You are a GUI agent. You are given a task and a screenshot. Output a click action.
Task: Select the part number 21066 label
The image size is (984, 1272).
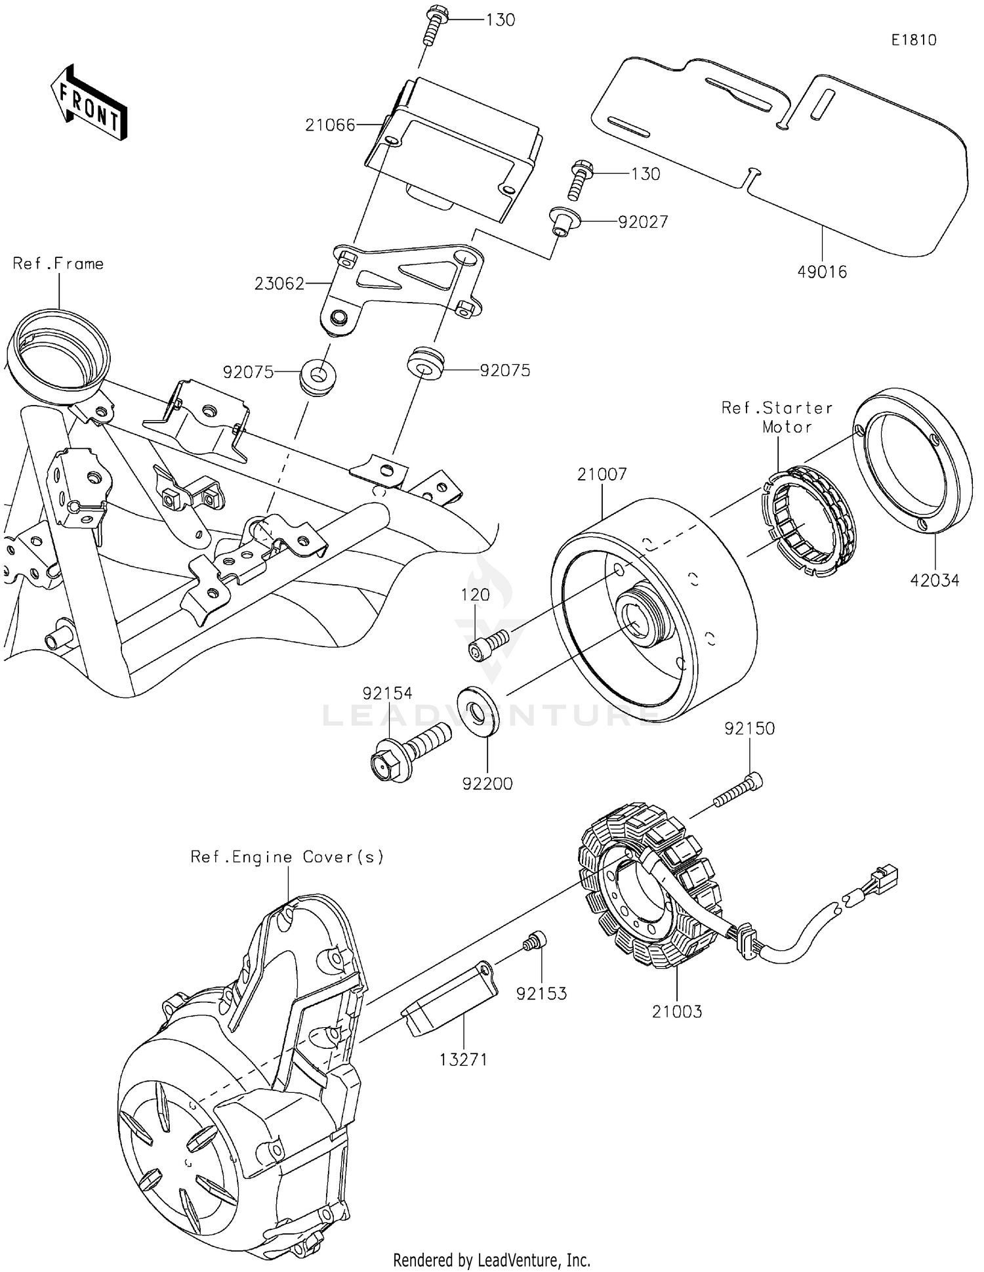coord(330,125)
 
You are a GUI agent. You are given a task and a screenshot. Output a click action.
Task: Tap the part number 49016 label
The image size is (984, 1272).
coord(822,272)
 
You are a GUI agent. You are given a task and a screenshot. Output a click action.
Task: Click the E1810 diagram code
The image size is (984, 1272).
coord(914,40)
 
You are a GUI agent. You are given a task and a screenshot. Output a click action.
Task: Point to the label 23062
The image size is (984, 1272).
coord(279,284)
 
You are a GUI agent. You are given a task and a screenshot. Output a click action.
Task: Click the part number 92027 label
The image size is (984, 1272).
coord(643,222)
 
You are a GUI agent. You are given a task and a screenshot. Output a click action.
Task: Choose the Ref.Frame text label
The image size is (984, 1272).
coord(58,264)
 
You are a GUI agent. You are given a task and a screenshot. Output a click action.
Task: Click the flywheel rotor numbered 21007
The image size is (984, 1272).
coord(656,607)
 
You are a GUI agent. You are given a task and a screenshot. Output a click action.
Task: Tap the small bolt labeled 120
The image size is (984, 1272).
coord(488,642)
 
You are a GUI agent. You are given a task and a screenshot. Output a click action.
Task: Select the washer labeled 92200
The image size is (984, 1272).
coord(480,710)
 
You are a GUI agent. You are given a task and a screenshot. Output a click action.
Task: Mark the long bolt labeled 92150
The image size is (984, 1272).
coord(738,792)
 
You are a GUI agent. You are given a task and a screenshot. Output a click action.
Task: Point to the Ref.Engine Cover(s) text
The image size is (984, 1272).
coord(287,857)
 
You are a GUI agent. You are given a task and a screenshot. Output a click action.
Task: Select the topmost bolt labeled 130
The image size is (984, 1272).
coord(432,24)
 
